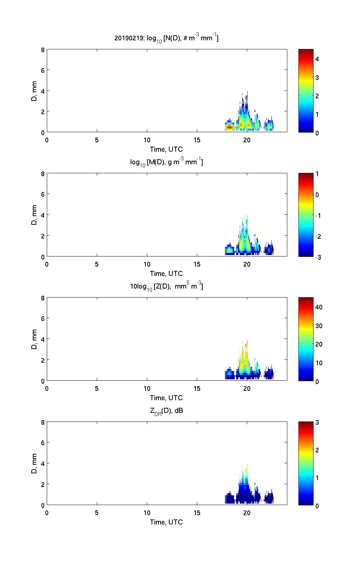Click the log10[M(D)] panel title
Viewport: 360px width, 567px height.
click(x=166, y=162)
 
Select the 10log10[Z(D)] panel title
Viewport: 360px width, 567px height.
click(x=166, y=287)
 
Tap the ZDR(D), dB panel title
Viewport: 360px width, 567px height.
click(x=166, y=411)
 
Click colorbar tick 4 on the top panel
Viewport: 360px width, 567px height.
click(x=317, y=59)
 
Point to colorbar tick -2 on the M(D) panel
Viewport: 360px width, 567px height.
click(x=318, y=236)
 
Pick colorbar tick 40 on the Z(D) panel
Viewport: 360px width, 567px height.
click(x=319, y=307)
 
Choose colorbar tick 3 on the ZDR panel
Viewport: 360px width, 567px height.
click(x=317, y=423)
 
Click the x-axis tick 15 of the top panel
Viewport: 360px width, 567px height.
click(x=197, y=140)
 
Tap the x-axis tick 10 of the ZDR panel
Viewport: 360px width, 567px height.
click(x=147, y=513)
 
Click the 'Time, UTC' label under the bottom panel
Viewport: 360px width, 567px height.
click(x=166, y=522)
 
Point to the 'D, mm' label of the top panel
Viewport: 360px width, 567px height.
click(x=35, y=91)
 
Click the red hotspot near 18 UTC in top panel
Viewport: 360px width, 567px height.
click(x=229, y=126)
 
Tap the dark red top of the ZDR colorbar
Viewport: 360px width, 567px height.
click(x=306, y=424)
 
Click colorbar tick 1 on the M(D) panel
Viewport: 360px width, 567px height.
click(x=317, y=174)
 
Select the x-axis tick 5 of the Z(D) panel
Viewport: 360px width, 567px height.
click(x=97, y=389)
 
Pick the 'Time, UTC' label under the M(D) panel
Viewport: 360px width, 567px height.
click(x=166, y=273)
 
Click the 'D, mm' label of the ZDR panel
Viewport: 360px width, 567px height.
click(x=35, y=464)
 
